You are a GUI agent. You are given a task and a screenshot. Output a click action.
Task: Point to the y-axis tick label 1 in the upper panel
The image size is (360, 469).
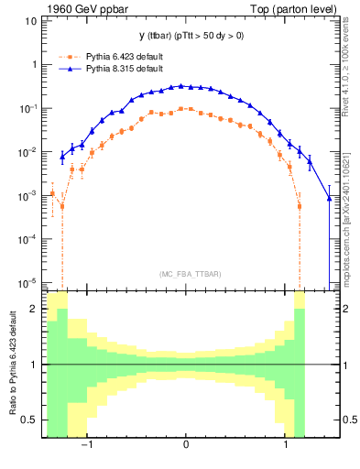[34, 65]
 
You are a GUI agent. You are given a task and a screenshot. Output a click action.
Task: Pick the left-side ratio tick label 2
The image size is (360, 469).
[34, 309]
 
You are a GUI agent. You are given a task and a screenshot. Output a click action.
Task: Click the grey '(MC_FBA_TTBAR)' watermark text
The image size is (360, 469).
[186, 275]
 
